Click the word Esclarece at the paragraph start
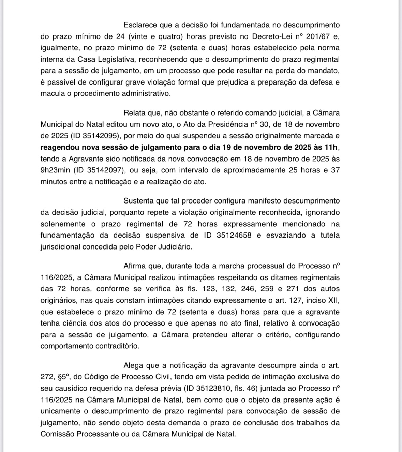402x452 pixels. point(140,25)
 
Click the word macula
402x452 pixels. point(51,94)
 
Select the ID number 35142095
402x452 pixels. point(101,136)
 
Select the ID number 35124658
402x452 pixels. point(234,235)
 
